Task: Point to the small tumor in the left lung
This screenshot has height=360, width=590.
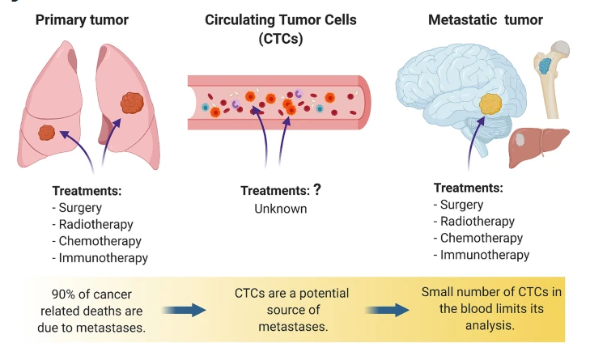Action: [48, 131]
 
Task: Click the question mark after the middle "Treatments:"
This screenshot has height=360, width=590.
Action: [317, 191]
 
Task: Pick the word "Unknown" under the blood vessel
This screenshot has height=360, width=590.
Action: [280, 208]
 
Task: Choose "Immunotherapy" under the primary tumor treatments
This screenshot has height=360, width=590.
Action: [104, 258]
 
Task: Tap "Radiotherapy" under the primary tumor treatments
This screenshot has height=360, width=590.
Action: [96, 224]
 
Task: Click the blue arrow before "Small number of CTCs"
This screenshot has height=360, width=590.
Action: [388, 309]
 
